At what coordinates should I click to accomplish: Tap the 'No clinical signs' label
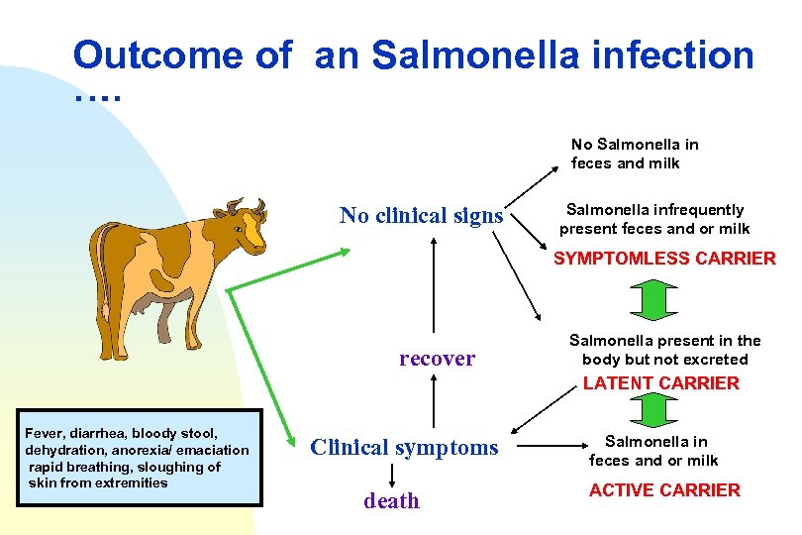click(x=421, y=216)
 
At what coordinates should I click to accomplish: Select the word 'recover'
click(x=437, y=359)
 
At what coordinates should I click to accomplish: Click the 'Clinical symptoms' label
click(x=404, y=448)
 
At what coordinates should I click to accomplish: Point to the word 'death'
click(x=391, y=501)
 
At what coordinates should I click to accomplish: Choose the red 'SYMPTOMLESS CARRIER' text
click(x=664, y=259)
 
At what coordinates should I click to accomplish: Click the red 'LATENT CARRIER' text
click(x=661, y=383)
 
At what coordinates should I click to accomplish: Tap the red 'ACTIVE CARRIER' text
click(x=664, y=490)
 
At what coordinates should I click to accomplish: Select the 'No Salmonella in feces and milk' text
click(x=635, y=155)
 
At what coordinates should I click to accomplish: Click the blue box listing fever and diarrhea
click(x=140, y=458)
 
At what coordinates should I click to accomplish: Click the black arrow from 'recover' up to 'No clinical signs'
click(x=433, y=287)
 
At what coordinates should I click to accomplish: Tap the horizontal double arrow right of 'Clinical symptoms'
click(x=549, y=448)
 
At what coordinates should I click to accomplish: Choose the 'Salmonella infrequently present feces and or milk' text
click(x=654, y=220)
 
